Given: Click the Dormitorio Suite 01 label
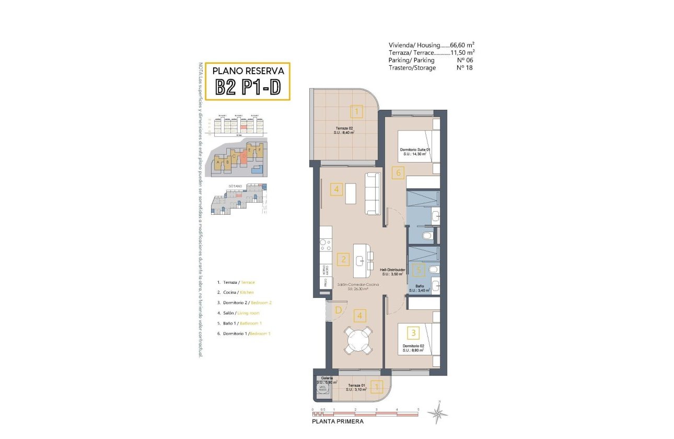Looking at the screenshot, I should tap(415, 149).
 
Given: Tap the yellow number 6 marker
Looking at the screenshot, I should tap(398, 172).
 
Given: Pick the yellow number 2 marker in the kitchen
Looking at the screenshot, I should tap(343, 259).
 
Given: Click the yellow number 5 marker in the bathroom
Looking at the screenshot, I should tap(418, 270).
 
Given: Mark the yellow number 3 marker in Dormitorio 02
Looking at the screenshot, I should tap(413, 332).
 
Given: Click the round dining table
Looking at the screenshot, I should tap(358, 340).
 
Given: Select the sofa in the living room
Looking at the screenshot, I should tap(373, 193).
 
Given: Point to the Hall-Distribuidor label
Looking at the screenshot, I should tap(393, 270).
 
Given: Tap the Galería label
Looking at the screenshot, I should tap(327, 377).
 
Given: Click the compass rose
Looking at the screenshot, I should tap(437, 413).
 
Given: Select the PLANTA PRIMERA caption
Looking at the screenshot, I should tap(337, 421).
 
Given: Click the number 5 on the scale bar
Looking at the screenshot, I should tap(418, 410).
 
